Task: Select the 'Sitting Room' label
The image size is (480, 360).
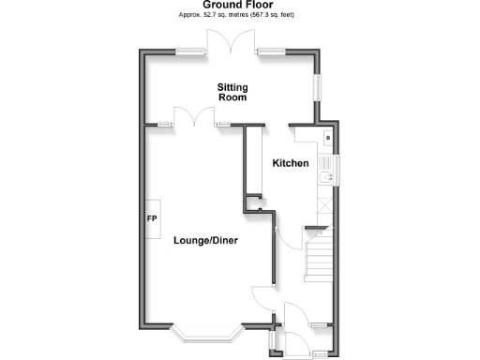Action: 232,91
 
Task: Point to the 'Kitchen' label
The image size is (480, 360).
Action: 291,164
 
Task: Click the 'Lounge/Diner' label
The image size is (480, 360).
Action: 205,241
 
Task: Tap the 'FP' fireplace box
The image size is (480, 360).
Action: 151,219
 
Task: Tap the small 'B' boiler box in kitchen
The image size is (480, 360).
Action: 326,139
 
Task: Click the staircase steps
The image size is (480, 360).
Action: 318,253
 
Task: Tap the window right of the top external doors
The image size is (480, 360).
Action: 273,51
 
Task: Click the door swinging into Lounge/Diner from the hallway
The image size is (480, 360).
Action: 262,298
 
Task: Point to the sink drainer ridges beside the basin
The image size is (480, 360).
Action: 327,162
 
